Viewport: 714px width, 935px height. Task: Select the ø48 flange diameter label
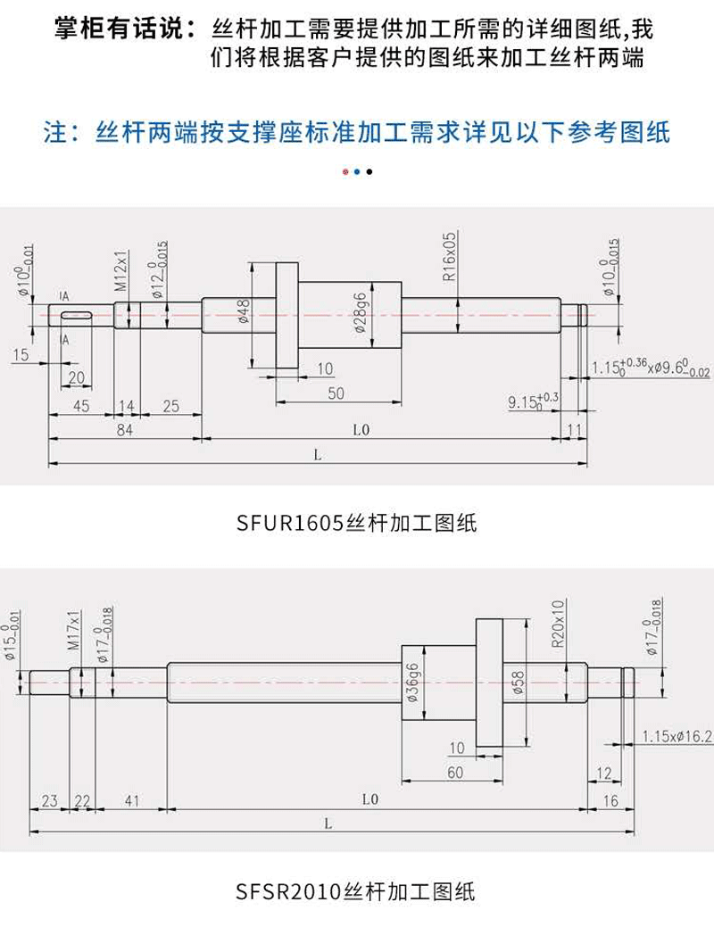[243, 311]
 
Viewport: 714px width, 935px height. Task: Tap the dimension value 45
[81, 406]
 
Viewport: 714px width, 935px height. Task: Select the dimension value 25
[171, 406]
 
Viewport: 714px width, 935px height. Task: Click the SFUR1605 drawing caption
[357, 523]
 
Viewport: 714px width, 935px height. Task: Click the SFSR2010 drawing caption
[356, 890]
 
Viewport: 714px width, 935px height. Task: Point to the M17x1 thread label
[75, 631]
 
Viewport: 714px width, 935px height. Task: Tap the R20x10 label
[559, 624]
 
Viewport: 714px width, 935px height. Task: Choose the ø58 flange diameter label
[519, 683]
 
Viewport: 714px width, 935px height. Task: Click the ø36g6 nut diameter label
[412, 683]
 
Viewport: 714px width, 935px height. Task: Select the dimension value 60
[455, 773]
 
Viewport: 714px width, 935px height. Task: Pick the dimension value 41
[132, 801]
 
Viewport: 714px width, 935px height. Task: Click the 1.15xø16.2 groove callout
[677, 736]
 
